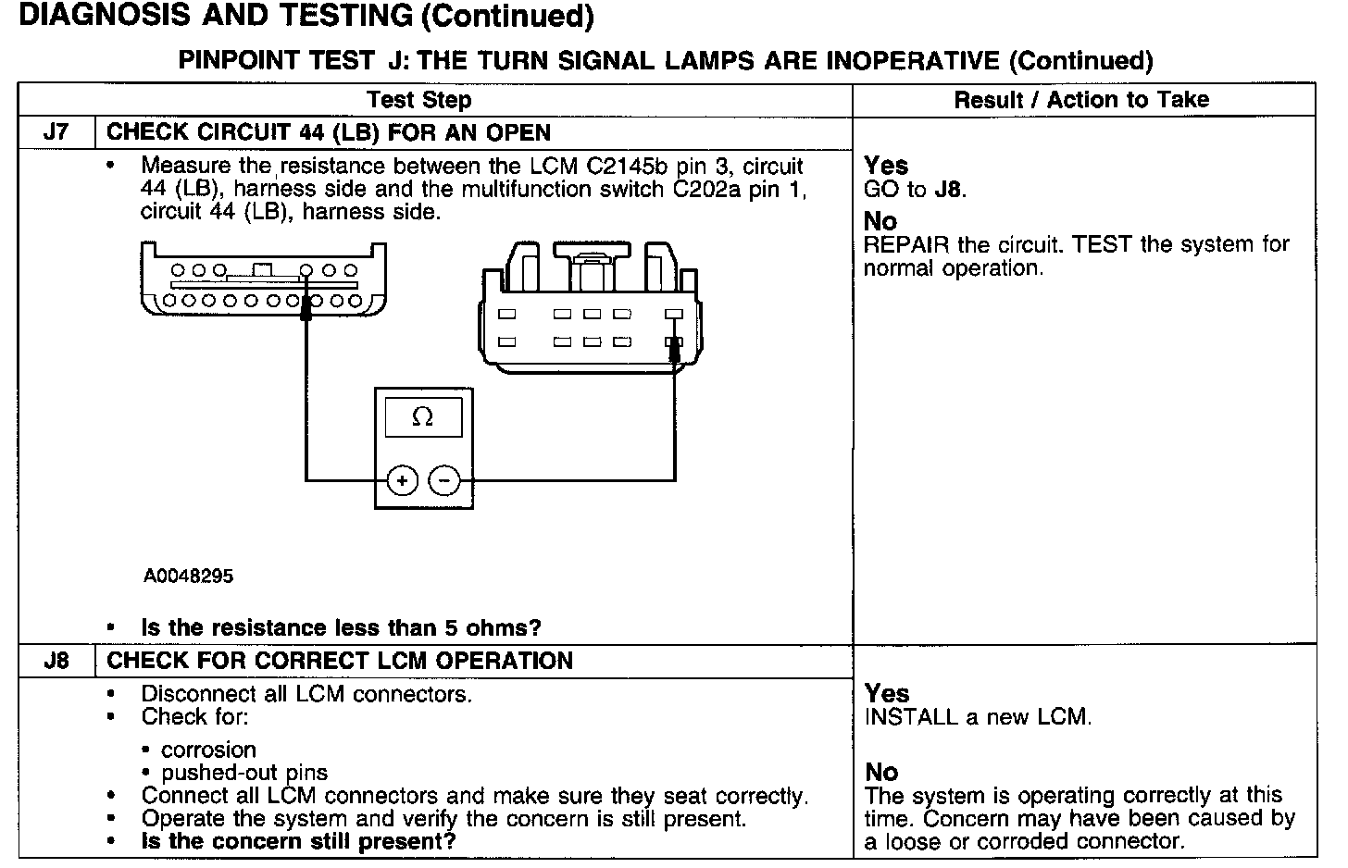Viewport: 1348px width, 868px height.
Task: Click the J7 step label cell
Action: coord(56,132)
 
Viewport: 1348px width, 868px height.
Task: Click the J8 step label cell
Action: coord(56,661)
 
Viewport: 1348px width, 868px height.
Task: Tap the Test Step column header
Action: coord(418,100)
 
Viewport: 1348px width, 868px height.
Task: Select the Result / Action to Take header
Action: coord(1081,100)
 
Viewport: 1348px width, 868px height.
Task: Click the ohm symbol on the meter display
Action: coord(422,417)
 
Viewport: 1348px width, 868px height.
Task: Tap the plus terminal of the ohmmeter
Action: coord(402,480)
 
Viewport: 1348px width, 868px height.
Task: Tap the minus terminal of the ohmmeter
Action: coord(445,480)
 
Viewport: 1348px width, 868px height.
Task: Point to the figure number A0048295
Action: coord(188,576)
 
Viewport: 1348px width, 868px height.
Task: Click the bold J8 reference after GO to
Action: coord(949,190)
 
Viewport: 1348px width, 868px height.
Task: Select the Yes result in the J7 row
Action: coord(885,166)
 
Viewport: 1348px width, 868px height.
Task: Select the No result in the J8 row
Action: coord(880,772)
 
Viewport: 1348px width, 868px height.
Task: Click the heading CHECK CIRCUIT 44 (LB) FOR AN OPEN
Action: coord(329,132)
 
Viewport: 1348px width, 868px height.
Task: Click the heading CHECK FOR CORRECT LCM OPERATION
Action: coord(340,661)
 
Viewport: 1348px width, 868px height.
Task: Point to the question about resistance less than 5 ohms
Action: coord(341,627)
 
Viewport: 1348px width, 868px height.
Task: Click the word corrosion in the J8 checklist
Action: coord(208,750)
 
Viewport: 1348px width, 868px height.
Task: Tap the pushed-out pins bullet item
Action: coord(244,773)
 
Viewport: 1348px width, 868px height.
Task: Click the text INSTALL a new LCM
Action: coord(978,717)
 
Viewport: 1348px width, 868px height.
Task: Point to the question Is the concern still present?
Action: coord(298,841)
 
